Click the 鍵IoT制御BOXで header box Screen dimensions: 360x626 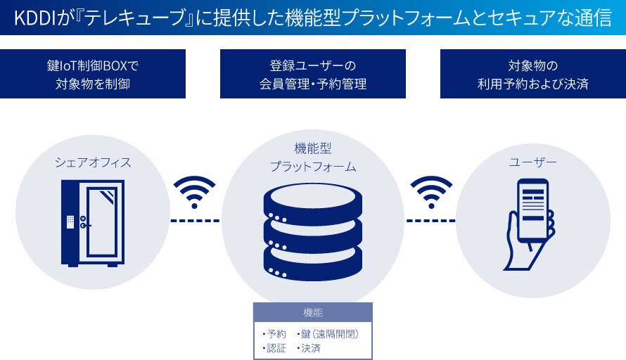point(93,74)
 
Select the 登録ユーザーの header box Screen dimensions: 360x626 point(313,74)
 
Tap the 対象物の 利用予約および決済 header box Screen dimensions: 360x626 point(533,74)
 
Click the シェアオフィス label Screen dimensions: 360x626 point(93,162)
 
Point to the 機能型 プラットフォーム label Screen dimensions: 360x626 point(313,157)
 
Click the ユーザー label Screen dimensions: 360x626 point(532,162)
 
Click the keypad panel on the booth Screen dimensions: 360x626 point(71,221)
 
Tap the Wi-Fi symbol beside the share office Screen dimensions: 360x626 point(195,191)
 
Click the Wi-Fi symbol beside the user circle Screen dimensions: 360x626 point(431,191)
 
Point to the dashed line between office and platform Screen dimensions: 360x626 point(195,221)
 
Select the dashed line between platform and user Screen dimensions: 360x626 point(431,221)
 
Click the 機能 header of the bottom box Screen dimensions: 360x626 point(312,311)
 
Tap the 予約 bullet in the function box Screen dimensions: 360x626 point(275,333)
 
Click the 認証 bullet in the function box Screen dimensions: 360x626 point(275,347)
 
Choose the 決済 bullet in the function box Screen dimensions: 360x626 point(310,347)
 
